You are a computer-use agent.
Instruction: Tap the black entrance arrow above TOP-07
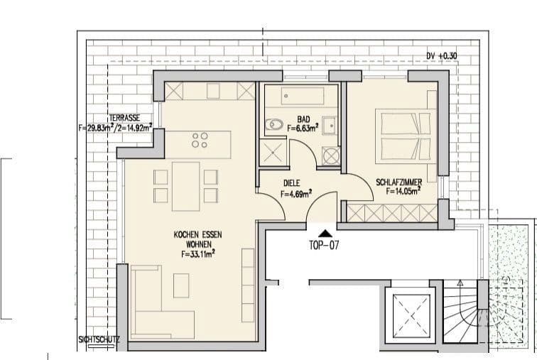[x=325, y=232]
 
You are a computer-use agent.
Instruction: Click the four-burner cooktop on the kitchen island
[x=200, y=140]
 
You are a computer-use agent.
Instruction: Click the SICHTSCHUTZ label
[x=99, y=340]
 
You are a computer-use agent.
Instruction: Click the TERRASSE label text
[x=124, y=119]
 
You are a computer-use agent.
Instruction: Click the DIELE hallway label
[x=292, y=182]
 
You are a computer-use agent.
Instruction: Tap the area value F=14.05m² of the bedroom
[x=403, y=190]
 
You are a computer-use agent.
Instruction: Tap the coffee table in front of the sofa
[x=182, y=286]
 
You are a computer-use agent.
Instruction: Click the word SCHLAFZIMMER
[x=403, y=182]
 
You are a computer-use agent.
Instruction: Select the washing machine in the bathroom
[x=331, y=156]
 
